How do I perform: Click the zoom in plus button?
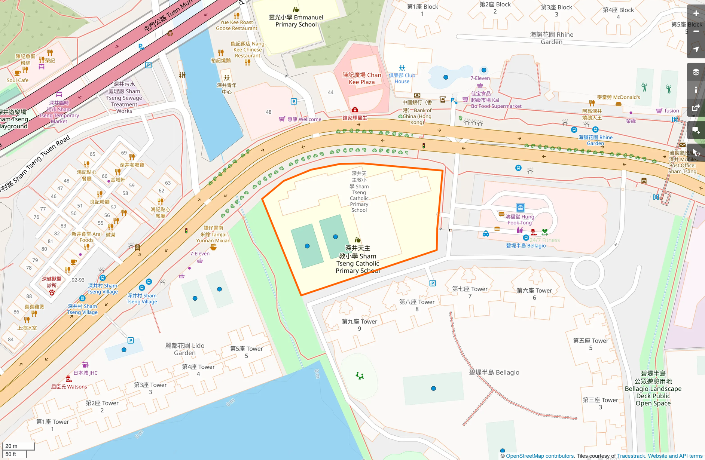click(x=696, y=13)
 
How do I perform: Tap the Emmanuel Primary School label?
click(x=296, y=21)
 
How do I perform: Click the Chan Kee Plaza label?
click(x=361, y=79)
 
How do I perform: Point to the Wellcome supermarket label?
click(x=304, y=119)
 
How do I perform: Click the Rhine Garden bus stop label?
click(x=595, y=140)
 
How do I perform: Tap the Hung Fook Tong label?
click(x=520, y=220)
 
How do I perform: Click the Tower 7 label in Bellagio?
click(x=470, y=292)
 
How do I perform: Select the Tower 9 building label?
click(x=359, y=325)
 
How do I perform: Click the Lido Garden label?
click(x=185, y=349)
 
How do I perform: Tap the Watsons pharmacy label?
click(x=69, y=387)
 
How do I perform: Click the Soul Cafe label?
click(x=18, y=80)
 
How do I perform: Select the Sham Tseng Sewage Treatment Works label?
click(x=124, y=98)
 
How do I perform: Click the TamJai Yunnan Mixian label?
click(x=213, y=234)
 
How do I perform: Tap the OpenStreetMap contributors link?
click(x=540, y=456)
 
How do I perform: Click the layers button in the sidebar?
click(x=696, y=72)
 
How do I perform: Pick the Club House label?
click(x=402, y=78)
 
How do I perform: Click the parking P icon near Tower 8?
click(x=433, y=283)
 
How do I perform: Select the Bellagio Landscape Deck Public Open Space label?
click(x=653, y=389)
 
